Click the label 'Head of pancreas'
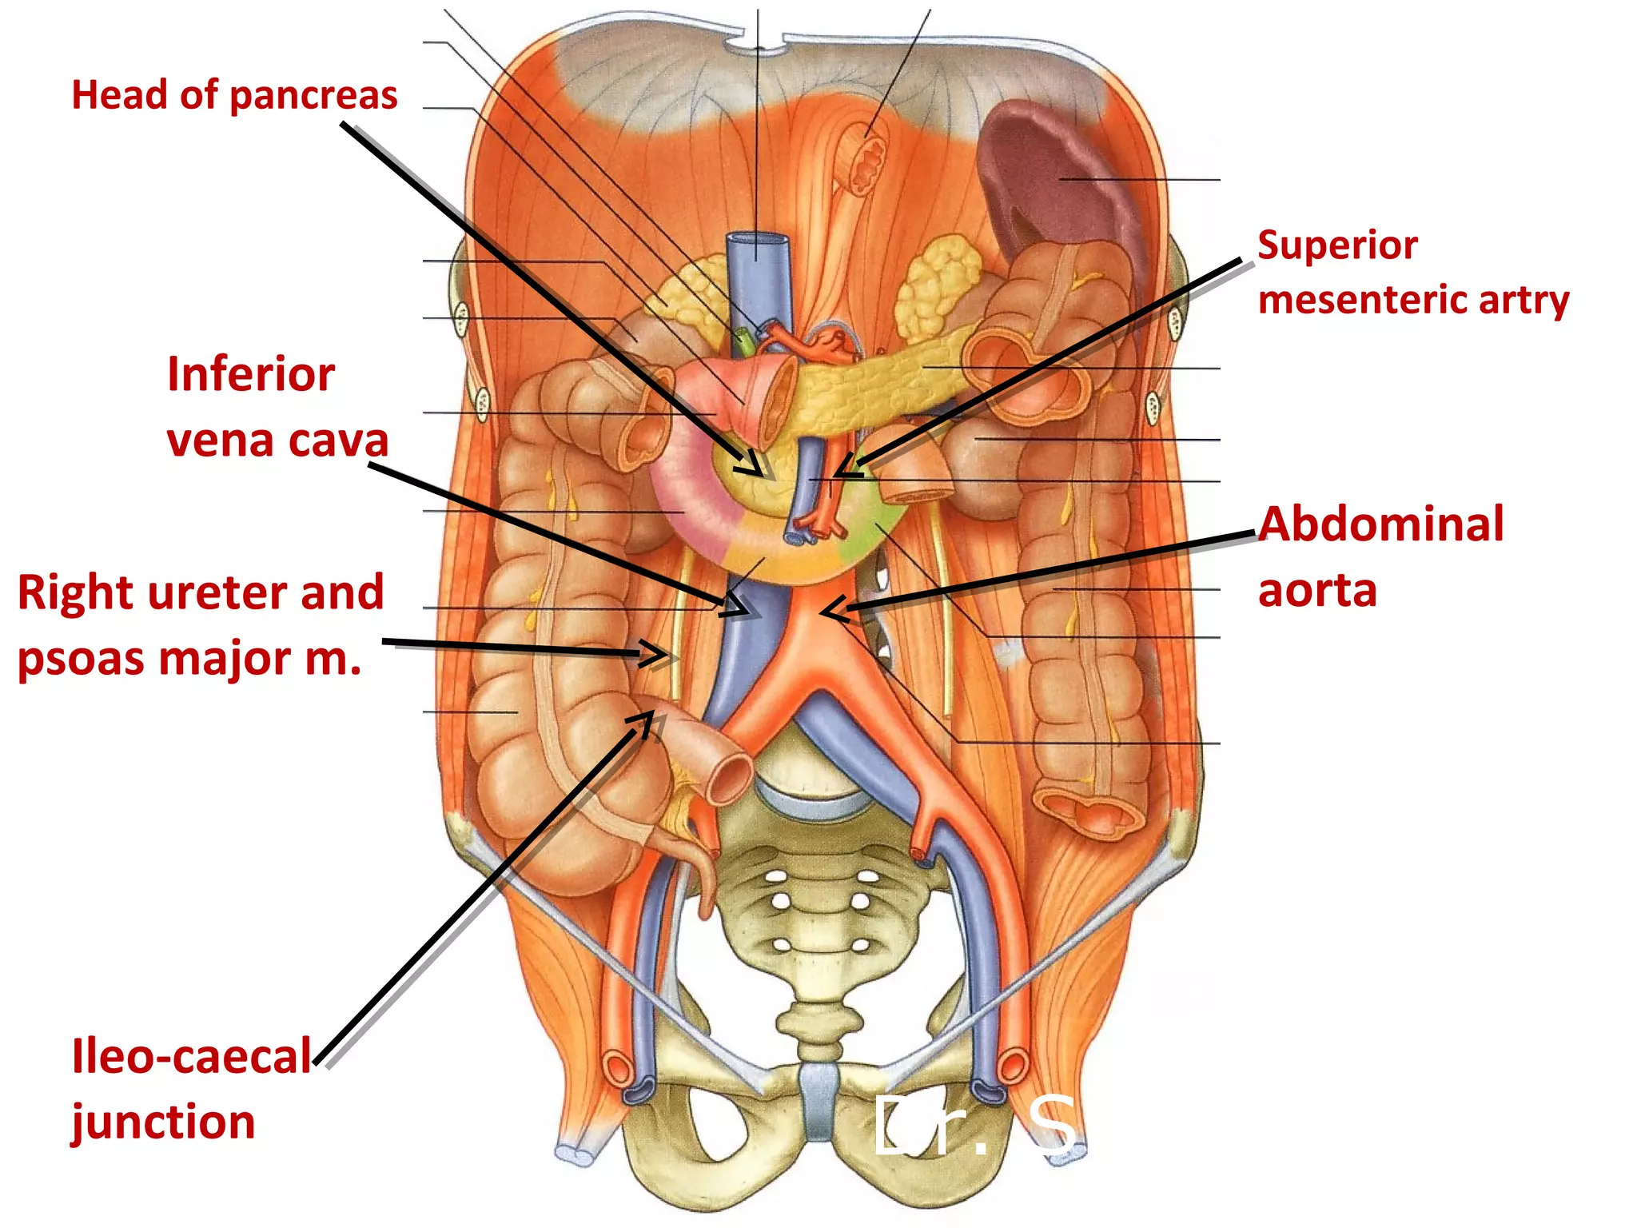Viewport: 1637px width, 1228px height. pos(234,96)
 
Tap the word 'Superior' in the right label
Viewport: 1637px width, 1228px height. pos(1337,245)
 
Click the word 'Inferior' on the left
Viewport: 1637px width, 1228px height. pos(250,374)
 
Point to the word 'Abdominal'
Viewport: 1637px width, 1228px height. pos(1381,525)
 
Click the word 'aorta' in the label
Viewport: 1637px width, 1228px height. pos(1317,591)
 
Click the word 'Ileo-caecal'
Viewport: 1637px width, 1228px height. pos(191,1057)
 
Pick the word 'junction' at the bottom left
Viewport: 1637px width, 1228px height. pos(163,1122)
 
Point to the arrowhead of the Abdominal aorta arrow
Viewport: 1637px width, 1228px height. pos(828,612)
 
